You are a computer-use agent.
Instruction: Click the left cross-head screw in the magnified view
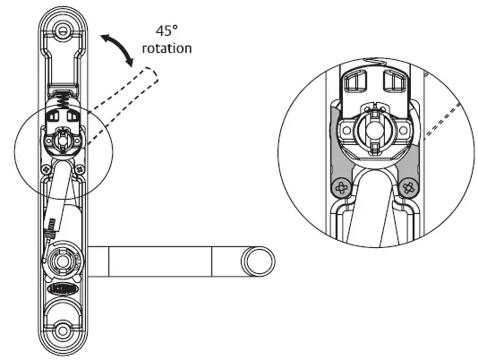pos(340,189)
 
